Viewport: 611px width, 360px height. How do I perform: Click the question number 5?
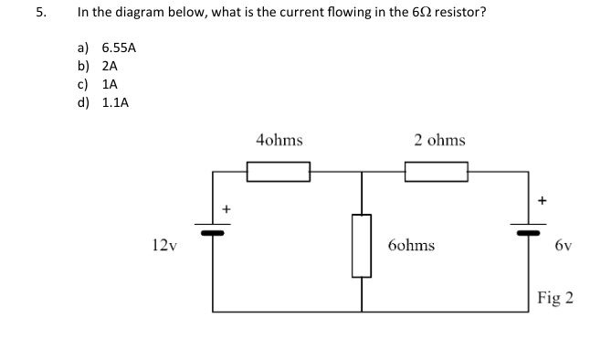click(x=39, y=14)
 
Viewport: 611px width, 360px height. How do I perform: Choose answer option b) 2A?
click(x=97, y=67)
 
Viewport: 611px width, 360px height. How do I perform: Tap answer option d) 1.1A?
click(x=102, y=102)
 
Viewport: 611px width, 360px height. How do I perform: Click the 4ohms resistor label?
click(x=279, y=141)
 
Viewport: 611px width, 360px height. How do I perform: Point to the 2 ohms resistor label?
click(x=438, y=141)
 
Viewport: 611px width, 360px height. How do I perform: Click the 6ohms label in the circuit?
click(x=411, y=245)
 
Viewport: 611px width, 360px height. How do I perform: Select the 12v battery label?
click(x=165, y=245)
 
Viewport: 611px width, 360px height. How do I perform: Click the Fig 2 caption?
click(x=555, y=298)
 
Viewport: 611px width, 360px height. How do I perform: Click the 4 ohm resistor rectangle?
click(x=279, y=172)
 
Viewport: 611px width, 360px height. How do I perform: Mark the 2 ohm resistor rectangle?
click(x=436, y=172)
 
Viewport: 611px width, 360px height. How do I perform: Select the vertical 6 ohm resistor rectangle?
click(x=363, y=245)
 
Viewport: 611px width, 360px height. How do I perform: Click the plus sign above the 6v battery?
click(x=542, y=197)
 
